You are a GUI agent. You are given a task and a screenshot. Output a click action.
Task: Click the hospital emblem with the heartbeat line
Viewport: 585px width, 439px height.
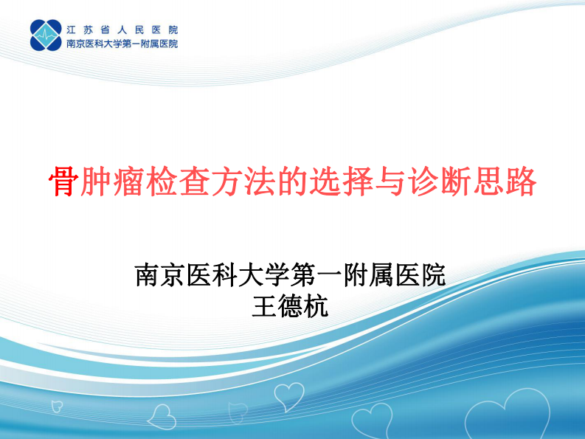46,35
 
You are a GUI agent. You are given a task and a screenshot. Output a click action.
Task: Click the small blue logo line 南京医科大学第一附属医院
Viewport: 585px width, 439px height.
122,44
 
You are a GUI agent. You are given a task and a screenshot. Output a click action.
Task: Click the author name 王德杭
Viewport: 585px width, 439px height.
290,305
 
